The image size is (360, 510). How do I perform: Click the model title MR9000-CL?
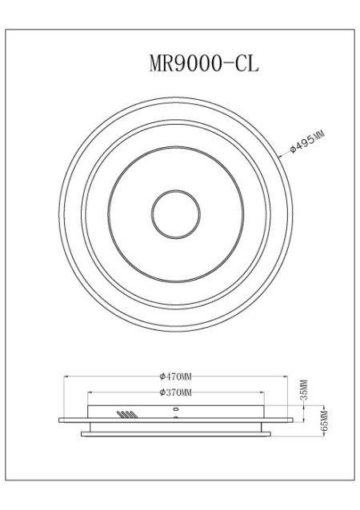204,63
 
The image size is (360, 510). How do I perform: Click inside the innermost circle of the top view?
174,214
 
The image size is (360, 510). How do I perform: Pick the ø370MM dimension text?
175,392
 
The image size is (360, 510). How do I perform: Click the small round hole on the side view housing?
175,408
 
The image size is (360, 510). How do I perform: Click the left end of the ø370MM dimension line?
88,392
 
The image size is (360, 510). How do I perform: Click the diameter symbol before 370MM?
162,392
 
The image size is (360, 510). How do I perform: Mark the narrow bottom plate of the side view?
175,433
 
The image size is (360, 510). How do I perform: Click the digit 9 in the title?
182,63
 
